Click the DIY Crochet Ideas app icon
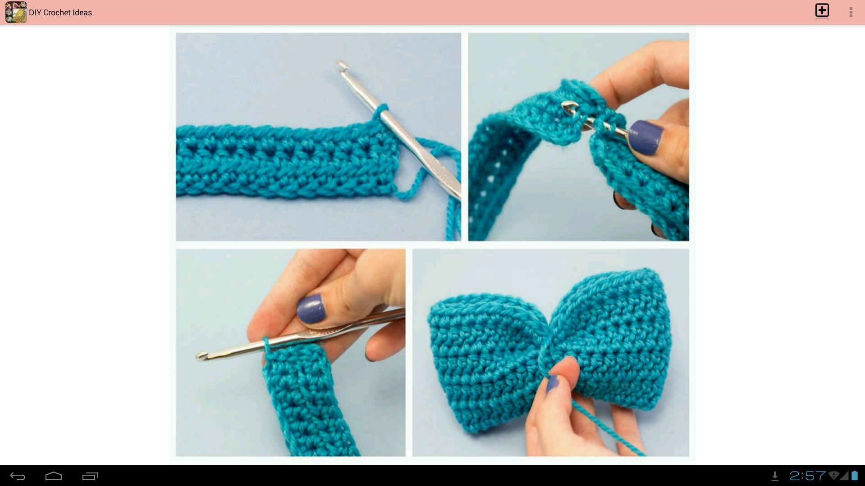(x=16, y=12)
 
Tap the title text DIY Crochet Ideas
(x=60, y=13)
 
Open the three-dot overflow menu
(x=851, y=12)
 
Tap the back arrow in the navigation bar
(x=18, y=476)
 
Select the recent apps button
(x=90, y=476)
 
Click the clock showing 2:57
(x=807, y=476)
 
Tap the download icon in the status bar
(x=775, y=476)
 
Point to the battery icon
(x=854, y=475)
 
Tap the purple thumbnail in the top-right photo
(x=646, y=137)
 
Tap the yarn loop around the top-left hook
(x=380, y=113)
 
